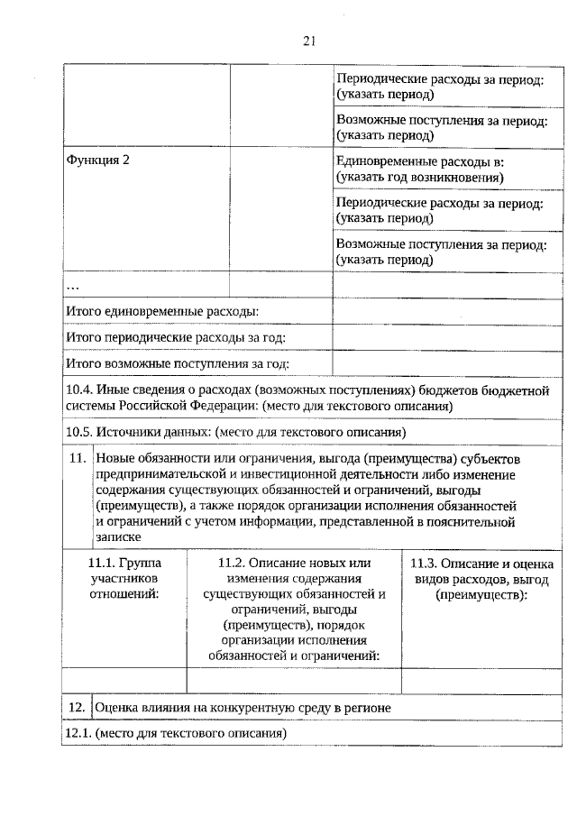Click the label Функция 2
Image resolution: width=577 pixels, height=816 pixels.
tap(98, 160)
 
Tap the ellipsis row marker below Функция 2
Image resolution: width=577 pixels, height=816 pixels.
tap(73, 285)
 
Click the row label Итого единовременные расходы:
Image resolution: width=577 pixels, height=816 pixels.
tap(163, 311)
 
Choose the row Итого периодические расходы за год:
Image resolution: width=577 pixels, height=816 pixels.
tap(177, 337)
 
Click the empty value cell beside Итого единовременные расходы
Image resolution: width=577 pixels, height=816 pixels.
tap(447, 311)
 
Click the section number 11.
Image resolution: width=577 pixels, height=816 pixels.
tap(77, 458)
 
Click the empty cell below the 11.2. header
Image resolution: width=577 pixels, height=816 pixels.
tap(294, 679)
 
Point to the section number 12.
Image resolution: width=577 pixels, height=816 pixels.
tap(77, 708)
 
